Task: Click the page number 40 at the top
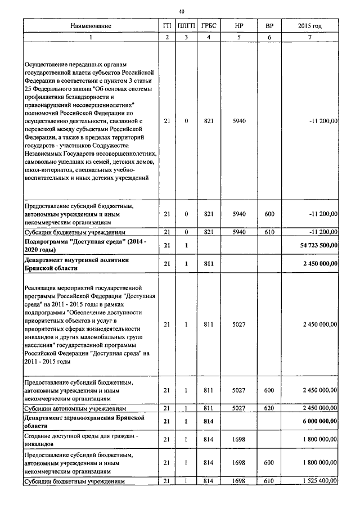point(181,11)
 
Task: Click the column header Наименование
point(91,26)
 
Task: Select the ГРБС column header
point(209,26)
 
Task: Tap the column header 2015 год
point(310,26)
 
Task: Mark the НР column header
point(239,26)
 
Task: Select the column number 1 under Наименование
point(91,37)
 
